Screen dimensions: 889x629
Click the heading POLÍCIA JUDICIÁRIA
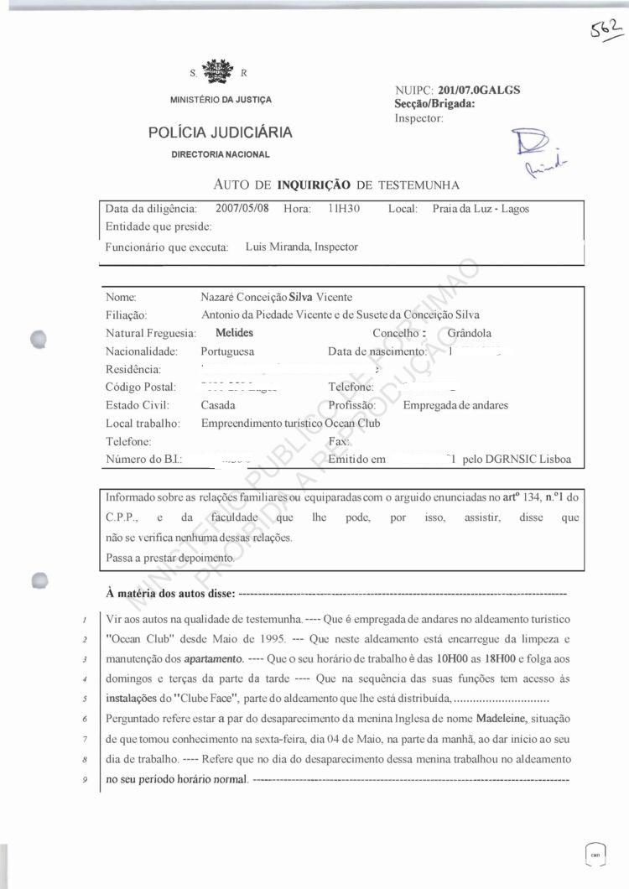coord(221,132)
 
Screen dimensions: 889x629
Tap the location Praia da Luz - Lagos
coord(481,209)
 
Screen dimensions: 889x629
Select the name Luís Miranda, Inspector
coord(302,247)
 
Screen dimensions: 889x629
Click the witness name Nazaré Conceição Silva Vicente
coord(277,298)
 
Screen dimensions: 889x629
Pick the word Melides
coord(221,333)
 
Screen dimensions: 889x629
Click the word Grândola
coord(475,333)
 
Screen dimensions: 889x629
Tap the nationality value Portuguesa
coord(227,351)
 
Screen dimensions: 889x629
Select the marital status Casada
coord(218,405)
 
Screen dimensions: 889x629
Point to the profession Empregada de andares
coord(455,405)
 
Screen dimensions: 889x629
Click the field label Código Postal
coord(141,387)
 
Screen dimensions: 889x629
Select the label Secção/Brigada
coord(434,104)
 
